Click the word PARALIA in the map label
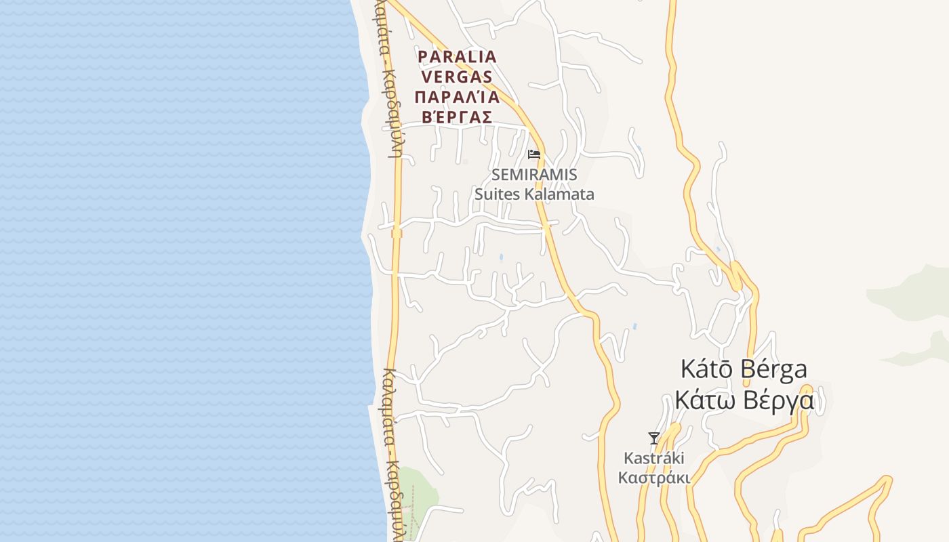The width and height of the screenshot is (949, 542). click(458, 56)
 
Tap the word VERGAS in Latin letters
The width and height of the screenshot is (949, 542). click(458, 76)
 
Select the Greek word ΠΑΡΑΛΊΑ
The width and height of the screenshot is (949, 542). click(458, 96)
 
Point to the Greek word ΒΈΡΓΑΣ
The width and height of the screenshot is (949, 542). click(458, 117)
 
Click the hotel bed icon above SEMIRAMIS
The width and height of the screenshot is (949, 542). click(534, 154)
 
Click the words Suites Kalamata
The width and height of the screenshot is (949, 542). click(534, 194)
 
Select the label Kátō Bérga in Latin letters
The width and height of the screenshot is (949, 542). click(744, 370)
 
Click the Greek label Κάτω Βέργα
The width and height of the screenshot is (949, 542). click(744, 400)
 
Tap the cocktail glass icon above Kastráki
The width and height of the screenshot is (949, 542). click(654, 438)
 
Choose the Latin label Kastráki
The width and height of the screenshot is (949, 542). click(654, 458)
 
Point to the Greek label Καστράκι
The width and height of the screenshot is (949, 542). click(654, 478)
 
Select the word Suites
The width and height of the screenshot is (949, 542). click(497, 194)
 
